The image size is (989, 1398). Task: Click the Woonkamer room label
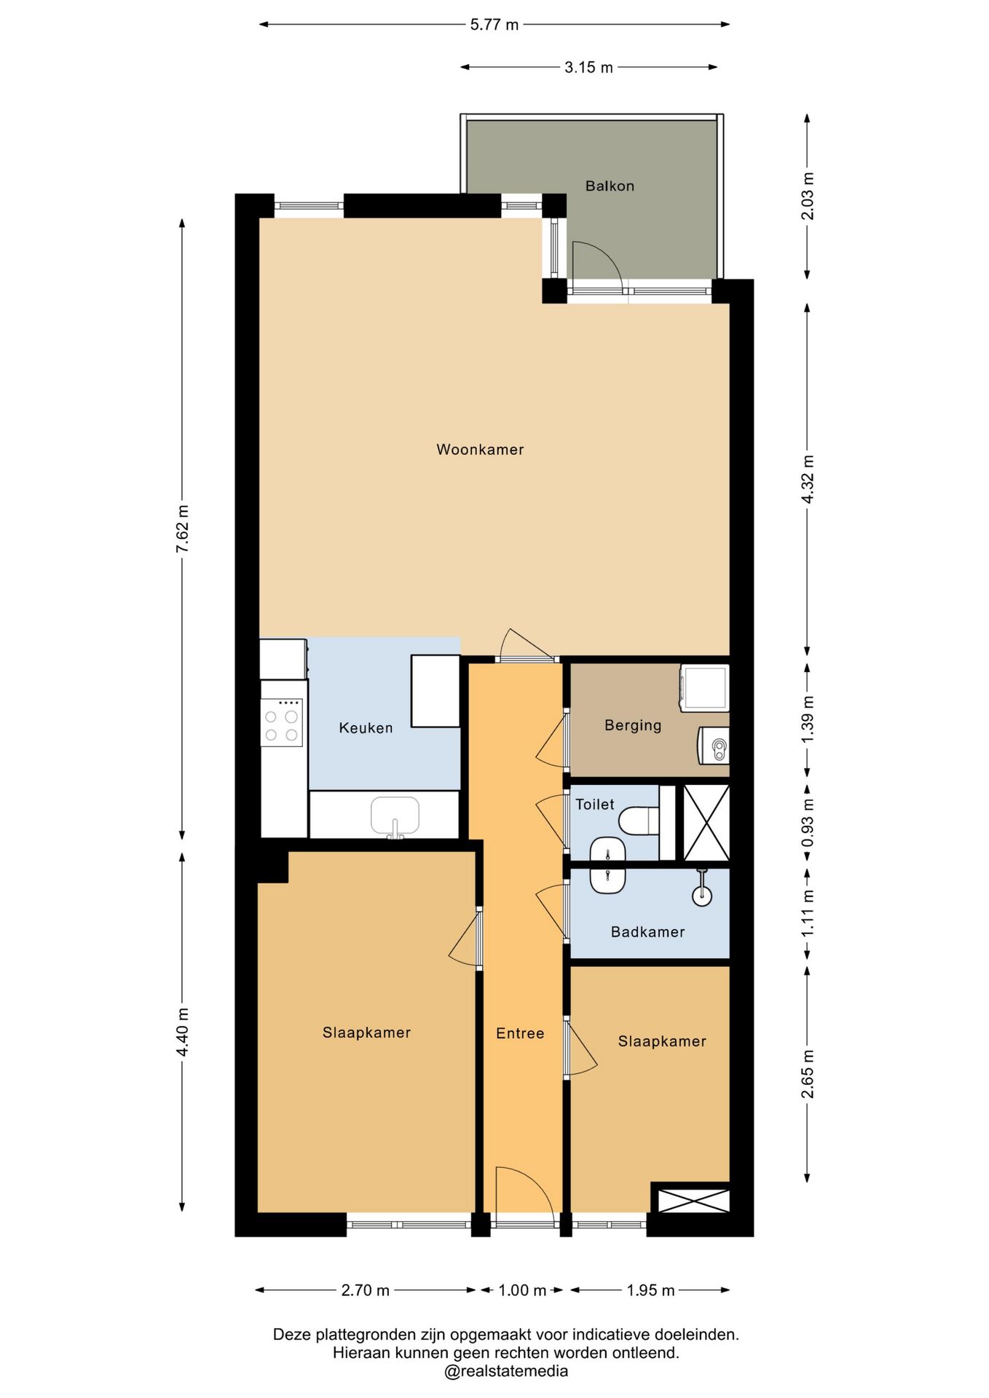point(480,449)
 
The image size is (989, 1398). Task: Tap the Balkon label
point(610,186)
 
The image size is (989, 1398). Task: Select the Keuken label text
point(366,727)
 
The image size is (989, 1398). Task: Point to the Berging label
point(633,725)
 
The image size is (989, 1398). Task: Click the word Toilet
point(595,804)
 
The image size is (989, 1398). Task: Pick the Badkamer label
point(647,931)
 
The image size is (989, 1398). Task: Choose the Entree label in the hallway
point(520,1032)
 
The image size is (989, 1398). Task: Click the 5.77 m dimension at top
point(494,25)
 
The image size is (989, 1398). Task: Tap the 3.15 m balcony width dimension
point(588,67)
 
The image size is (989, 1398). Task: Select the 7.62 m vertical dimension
point(182,529)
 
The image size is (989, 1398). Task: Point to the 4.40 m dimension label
point(182,1032)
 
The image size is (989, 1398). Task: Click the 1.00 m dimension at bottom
point(521,1290)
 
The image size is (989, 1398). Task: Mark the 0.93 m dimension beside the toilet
point(807,823)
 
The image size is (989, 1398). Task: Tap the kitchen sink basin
point(395,815)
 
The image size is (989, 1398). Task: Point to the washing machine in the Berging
point(704,687)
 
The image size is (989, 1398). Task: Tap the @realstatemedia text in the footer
point(506,1371)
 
